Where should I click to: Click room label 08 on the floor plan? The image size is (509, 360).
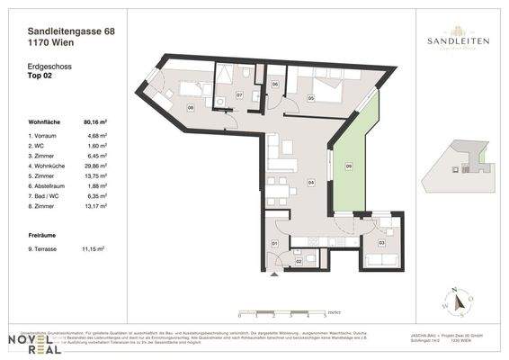click(x=191, y=108)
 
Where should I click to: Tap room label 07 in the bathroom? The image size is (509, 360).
click(x=239, y=94)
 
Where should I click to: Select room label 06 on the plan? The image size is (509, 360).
click(x=275, y=85)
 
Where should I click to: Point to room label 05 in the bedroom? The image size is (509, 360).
click(x=310, y=97)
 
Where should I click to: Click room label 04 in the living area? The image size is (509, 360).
click(x=310, y=183)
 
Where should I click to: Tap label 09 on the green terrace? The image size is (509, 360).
click(x=349, y=166)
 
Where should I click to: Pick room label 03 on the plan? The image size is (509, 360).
click(x=380, y=243)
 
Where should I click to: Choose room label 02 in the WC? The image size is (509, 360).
click(x=299, y=262)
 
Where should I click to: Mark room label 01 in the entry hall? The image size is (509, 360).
click(x=275, y=243)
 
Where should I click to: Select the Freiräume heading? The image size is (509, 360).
click(x=44, y=233)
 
